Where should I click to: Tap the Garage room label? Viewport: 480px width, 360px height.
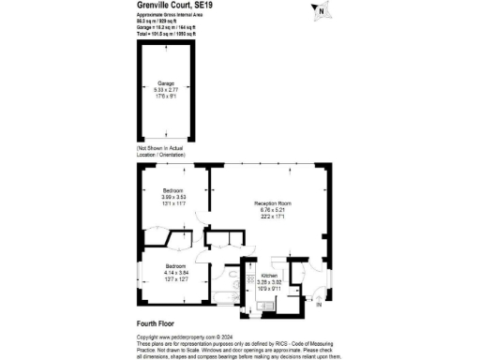[x=166, y=82]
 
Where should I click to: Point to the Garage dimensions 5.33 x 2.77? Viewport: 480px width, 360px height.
[x=166, y=89]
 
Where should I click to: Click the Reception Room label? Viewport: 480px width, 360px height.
[x=273, y=202]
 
